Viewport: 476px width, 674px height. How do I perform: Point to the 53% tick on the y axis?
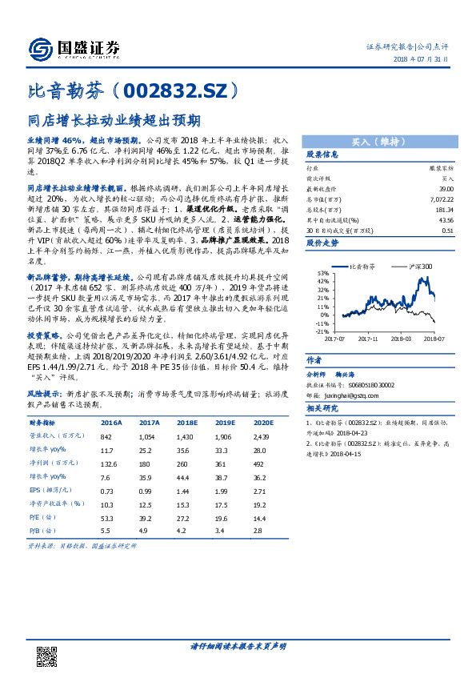322,273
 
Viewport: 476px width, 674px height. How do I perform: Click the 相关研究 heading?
323,408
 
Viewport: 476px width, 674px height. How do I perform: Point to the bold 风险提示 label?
46,395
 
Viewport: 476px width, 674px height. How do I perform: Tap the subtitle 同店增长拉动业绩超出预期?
114,121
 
